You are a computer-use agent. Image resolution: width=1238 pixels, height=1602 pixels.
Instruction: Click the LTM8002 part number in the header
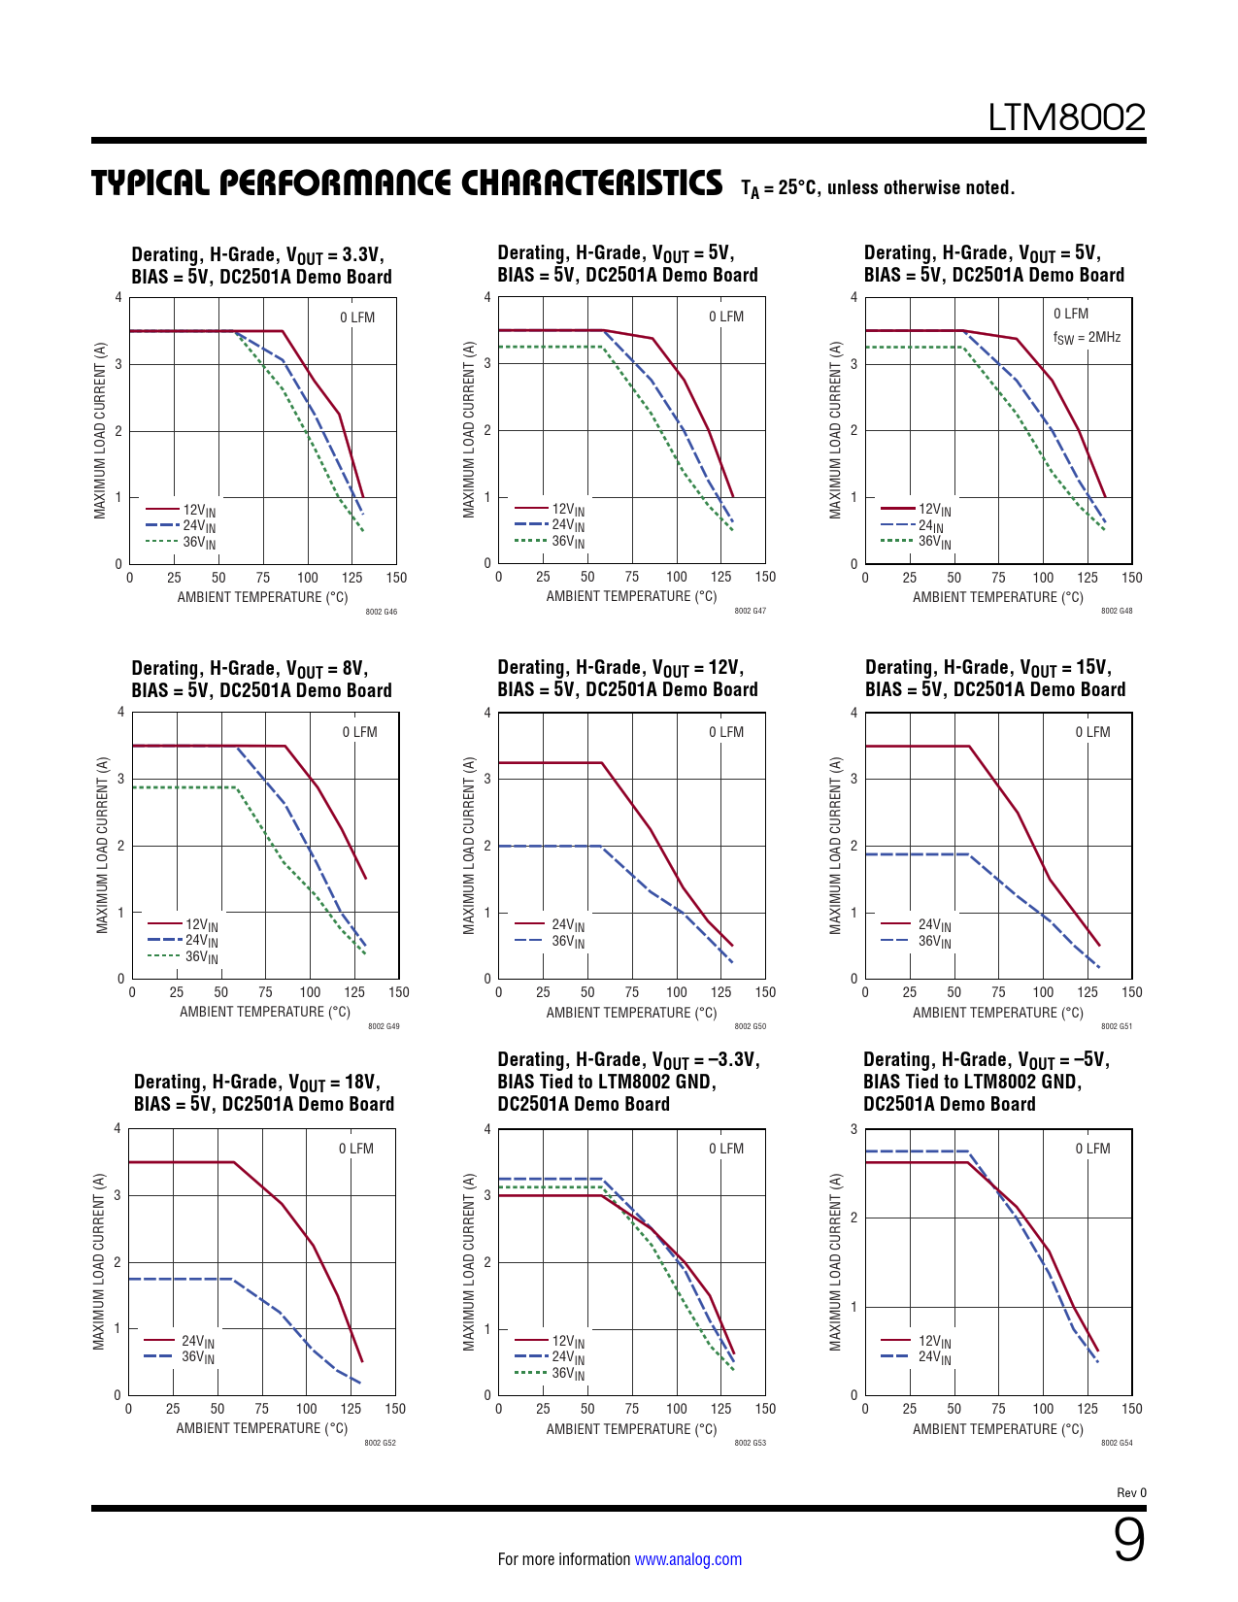click(x=1066, y=117)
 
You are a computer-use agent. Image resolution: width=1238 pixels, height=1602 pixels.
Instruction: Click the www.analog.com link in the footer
click(x=687, y=1559)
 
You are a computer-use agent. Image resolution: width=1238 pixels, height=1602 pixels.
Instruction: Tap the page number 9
click(x=1128, y=1540)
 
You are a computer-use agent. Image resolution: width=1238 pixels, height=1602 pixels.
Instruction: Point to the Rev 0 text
click(x=1131, y=1493)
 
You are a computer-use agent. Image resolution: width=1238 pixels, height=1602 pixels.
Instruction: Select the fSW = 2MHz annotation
click(x=1087, y=338)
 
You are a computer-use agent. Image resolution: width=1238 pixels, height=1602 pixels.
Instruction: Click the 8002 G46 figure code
click(x=382, y=612)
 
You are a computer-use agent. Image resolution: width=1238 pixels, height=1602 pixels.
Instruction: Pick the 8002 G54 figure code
click(x=1117, y=1443)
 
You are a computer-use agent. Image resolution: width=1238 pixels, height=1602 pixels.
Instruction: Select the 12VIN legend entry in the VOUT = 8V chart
click(x=201, y=925)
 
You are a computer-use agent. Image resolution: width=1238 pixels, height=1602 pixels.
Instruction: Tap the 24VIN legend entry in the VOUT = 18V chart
click(x=197, y=1342)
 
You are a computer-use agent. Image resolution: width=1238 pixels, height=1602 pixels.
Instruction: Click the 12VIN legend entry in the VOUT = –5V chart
click(x=934, y=1342)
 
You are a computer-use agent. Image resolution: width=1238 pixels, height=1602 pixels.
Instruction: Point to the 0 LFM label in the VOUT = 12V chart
click(x=726, y=732)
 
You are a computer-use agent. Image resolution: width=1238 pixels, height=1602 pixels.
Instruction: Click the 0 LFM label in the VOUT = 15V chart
click(x=1092, y=732)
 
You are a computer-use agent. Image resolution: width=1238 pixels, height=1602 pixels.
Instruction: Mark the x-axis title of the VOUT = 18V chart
click(x=261, y=1428)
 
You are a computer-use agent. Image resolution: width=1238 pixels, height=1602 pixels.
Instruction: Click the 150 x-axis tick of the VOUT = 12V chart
click(x=765, y=992)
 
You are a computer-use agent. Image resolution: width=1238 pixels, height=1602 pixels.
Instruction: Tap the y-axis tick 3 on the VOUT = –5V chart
click(x=854, y=1129)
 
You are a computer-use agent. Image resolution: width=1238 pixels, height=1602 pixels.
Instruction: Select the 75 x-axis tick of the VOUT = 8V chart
click(x=265, y=992)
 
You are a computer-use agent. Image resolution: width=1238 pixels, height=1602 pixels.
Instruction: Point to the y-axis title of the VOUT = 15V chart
click(x=835, y=845)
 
